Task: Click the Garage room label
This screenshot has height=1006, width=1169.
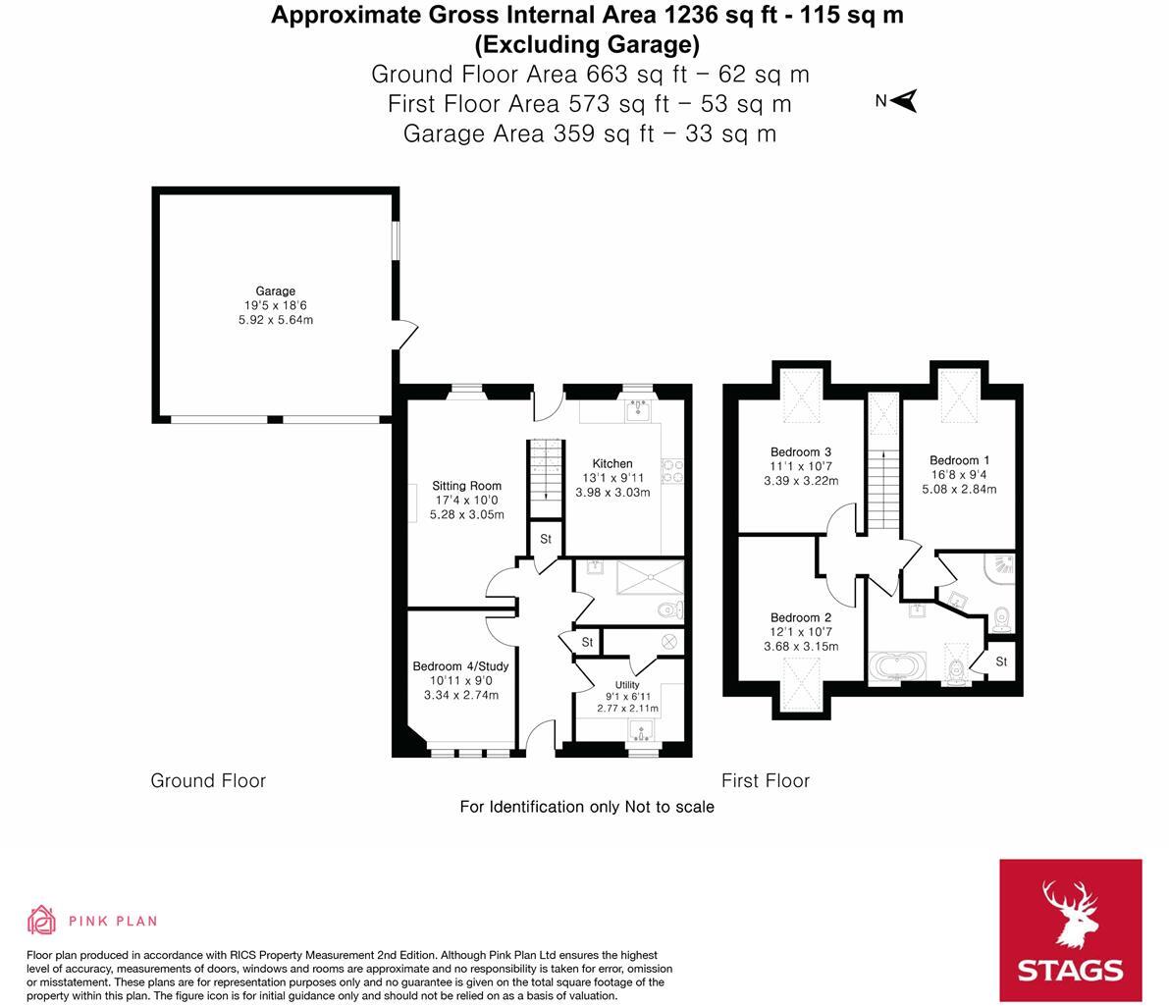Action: pos(276,291)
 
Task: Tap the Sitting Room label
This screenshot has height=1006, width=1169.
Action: pos(466,486)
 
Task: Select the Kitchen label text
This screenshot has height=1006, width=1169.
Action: pos(611,464)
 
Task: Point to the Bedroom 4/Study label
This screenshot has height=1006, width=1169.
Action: pos(460,666)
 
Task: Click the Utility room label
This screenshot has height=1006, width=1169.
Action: pos(627,685)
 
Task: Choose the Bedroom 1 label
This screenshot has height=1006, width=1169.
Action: pos(959,460)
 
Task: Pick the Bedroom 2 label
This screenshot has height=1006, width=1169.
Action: pos(800,618)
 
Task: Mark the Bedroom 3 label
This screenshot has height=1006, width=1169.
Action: pos(800,452)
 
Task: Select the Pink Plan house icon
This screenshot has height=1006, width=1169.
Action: pos(41,920)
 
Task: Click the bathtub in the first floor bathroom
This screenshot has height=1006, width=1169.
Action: pos(895,667)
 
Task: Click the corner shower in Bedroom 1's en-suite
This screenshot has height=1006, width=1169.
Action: pos(998,566)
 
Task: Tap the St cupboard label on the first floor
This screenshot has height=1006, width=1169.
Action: pos(1001,662)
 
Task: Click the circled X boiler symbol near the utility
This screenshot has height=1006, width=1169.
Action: pos(669,641)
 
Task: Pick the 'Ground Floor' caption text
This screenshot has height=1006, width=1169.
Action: pos(208,781)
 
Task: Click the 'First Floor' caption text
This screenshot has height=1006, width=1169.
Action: pos(765,781)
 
